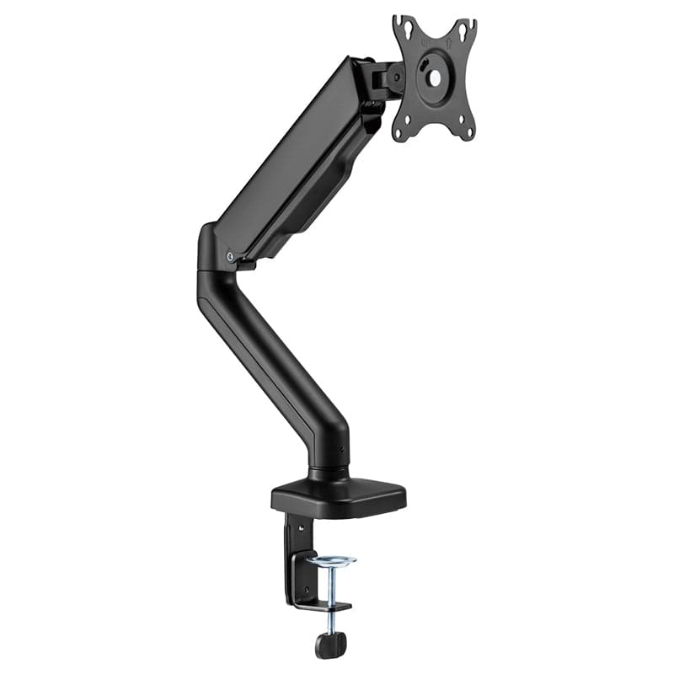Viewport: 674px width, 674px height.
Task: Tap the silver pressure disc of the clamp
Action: coord(331,560)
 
